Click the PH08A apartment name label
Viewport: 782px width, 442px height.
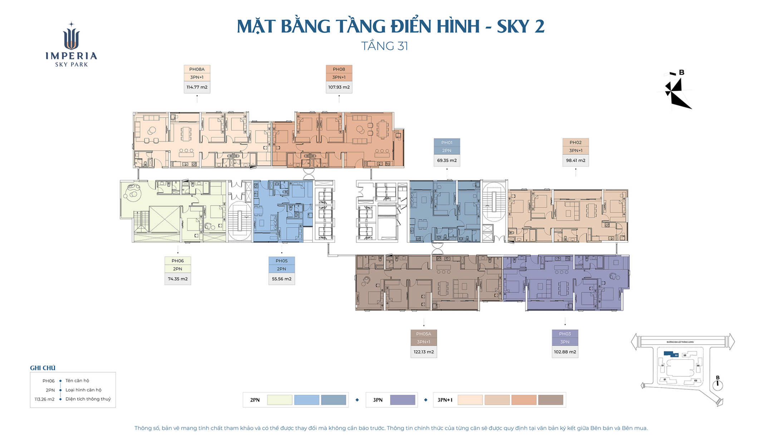(197, 69)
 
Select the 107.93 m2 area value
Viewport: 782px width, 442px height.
(339, 87)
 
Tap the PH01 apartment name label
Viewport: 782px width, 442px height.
(447, 143)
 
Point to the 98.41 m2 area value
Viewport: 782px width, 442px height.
(575, 160)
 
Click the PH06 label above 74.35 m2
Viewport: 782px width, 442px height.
(177, 261)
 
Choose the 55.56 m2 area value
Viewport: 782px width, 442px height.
(281, 279)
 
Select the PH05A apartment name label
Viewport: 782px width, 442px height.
(423, 334)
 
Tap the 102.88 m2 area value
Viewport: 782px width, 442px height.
(565, 352)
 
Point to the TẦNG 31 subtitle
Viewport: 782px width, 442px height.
(384, 46)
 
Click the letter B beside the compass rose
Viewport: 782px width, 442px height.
(682, 73)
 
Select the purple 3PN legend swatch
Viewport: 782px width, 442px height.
(402, 400)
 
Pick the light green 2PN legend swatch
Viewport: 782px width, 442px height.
(279, 400)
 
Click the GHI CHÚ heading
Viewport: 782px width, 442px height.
(43, 368)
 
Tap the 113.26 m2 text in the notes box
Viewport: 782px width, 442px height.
(44, 399)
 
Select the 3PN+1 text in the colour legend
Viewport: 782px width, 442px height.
(444, 400)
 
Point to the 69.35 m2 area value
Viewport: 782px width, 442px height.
(447, 160)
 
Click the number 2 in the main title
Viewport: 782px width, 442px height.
(539, 26)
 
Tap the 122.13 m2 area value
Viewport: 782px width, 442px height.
(423, 352)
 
